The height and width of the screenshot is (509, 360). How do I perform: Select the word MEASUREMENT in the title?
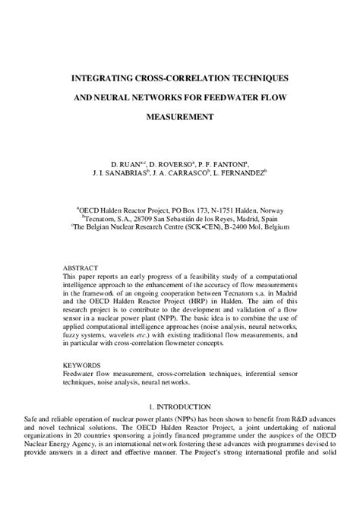(x=180, y=117)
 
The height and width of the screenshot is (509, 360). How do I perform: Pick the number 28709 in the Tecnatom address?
(x=140, y=217)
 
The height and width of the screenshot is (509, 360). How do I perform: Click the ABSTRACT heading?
(x=80, y=267)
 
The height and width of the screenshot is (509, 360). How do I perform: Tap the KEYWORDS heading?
(x=82, y=365)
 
